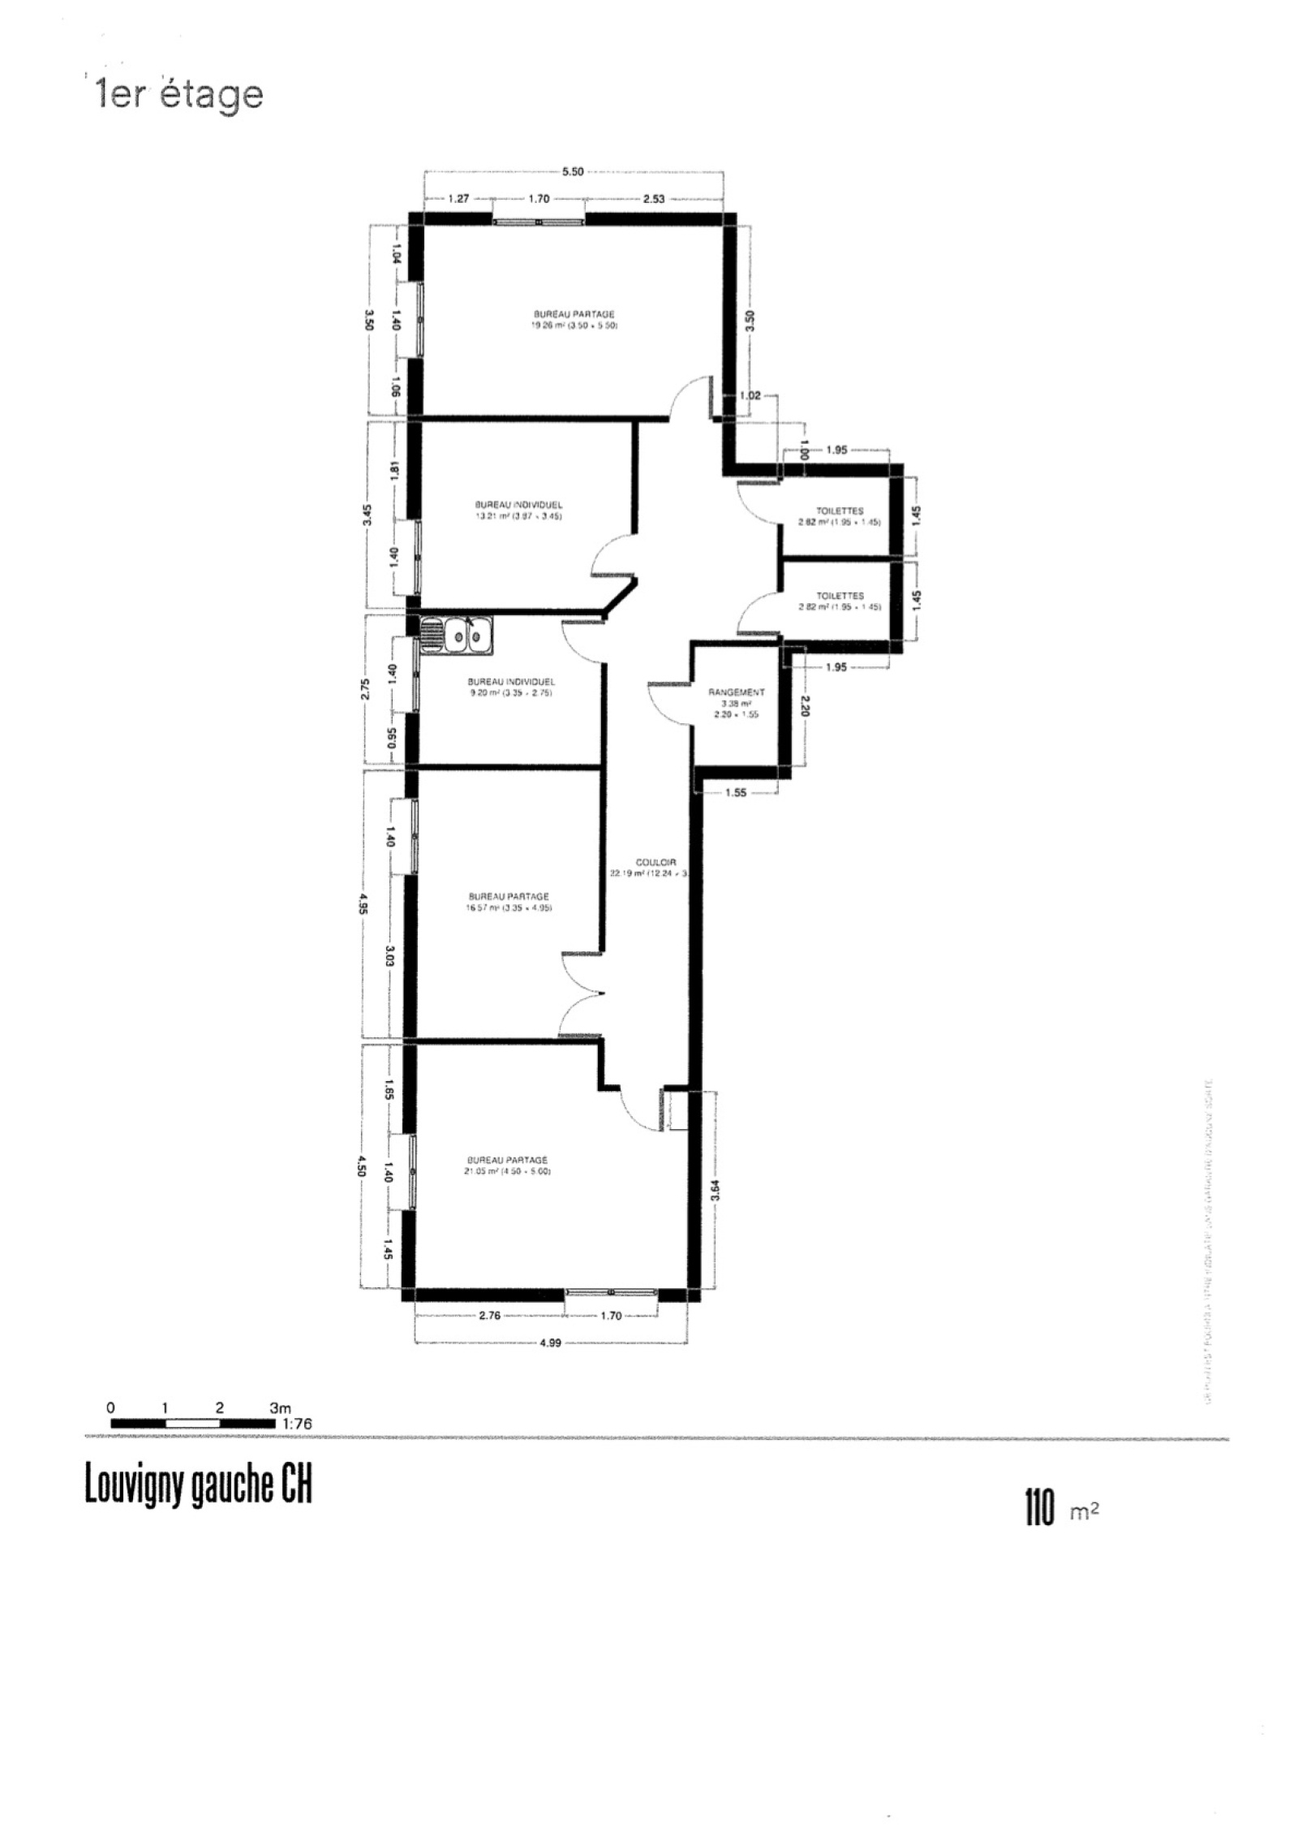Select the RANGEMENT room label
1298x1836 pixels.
coord(736,692)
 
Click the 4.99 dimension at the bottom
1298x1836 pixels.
coord(550,1343)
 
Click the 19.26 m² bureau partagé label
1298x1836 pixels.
coord(574,320)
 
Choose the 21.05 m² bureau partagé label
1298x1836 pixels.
coord(507,1166)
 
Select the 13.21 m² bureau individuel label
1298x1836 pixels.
coord(519,510)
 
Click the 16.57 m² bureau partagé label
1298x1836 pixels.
coord(509,902)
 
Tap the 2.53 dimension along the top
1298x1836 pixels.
coord(654,198)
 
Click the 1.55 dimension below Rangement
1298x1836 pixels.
coord(735,793)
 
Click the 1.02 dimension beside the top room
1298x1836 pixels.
coord(749,396)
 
